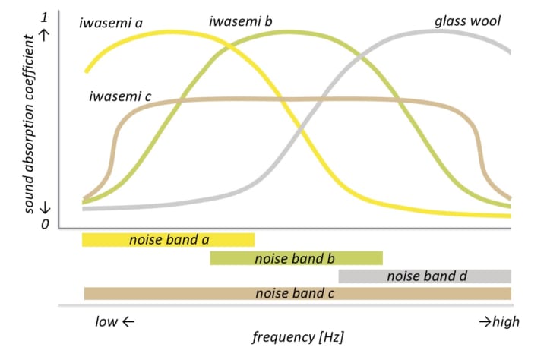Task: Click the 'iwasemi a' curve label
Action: pyautogui.click(x=111, y=23)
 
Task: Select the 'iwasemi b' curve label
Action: pyautogui.click(x=240, y=21)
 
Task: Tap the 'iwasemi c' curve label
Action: pyautogui.click(x=120, y=96)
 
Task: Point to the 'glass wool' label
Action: pyautogui.click(x=467, y=21)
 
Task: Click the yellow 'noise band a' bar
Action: pyautogui.click(x=169, y=240)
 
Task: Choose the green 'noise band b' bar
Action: pyautogui.click(x=296, y=258)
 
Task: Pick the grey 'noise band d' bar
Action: pyautogui.click(x=425, y=276)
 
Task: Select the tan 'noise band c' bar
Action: pyautogui.click(x=298, y=294)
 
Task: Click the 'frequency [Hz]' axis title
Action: pyautogui.click(x=298, y=337)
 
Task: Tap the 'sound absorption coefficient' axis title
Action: pyautogui.click(x=29, y=124)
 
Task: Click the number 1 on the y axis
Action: pyautogui.click(x=44, y=17)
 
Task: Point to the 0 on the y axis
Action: pyautogui.click(x=45, y=224)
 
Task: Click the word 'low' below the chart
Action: pyautogui.click(x=106, y=321)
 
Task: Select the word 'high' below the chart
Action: pyautogui.click(x=506, y=321)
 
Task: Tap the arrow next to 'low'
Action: pyautogui.click(x=128, y=321)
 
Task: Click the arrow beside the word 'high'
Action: pyautogui.click(x=485, y=321)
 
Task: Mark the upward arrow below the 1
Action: pyautogui.click(x=45, y=35)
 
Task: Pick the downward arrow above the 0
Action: pyautogui.click(x=45, y=208)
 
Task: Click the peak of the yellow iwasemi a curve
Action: pyautogui.click(x=169, y=32)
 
